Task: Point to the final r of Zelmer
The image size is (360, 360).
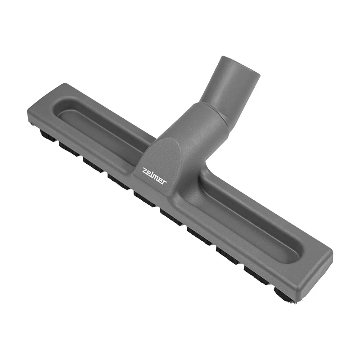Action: coord(164,182)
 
